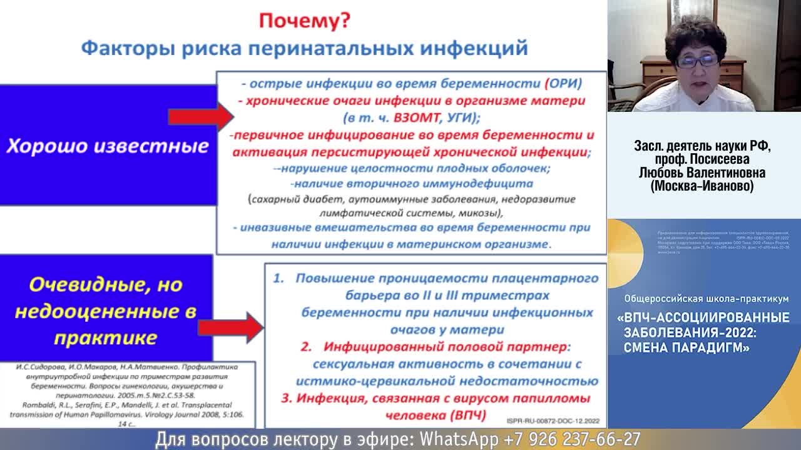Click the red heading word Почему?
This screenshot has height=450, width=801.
[x=305, y=21]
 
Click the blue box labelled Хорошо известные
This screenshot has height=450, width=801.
[x=108, y=146]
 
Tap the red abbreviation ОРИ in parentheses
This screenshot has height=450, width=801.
[x=563, y=84]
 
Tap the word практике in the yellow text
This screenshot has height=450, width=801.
[x=105, y=338]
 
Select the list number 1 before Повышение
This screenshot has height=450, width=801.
[x=278, y=279]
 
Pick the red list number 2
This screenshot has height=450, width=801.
[x=306, y=346]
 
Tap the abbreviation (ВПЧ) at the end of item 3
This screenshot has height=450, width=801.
[x=460, y=415]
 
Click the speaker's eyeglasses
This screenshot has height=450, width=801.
[x=696, y=61]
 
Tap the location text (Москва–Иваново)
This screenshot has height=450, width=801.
[x=702, y=186]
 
